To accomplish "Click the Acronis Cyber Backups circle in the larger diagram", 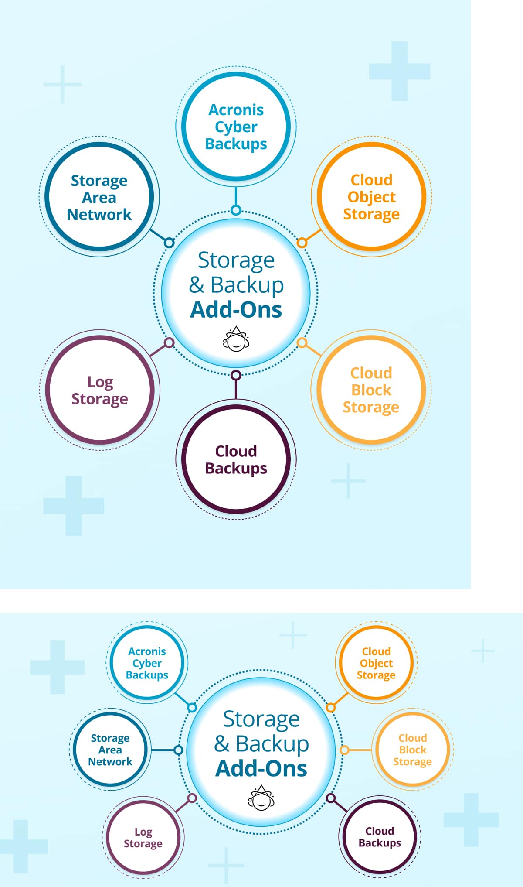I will click(236, 127).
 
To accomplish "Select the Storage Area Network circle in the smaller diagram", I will click(110, 750).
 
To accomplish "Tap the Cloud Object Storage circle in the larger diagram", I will click(371, 197).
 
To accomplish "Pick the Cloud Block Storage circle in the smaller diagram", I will click(412, 750).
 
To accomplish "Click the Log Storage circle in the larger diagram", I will click(100, 390).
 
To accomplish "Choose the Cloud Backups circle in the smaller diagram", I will click(379, 836).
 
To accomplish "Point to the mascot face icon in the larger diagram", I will click(236, 339).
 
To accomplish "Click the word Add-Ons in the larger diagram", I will click(236, 309).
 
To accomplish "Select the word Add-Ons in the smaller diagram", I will click(261, 768).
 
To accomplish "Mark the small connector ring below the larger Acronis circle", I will click(236, 210).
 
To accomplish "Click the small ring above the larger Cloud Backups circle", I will click(236, 375).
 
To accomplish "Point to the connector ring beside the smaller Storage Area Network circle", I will click(178, 750).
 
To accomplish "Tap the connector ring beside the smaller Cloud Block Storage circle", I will click(344, 750).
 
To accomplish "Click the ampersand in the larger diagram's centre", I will click(197, 285).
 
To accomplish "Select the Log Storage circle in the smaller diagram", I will click(143, 837).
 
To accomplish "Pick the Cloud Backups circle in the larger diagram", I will click(236, 459).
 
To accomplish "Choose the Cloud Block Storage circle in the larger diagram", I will click(371, 390).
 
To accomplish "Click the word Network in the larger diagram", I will click(99, 214).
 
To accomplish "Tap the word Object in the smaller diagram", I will click(376, 663).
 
